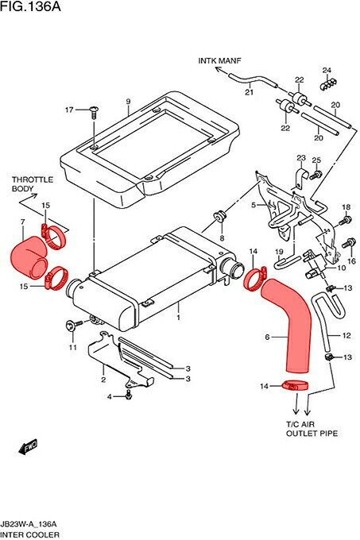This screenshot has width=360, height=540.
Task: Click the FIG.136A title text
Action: click(30, 6)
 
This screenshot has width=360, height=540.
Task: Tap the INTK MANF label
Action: click(219, 60)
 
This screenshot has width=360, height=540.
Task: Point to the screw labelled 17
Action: click(93, 112)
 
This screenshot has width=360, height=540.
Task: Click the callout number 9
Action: click(128, 102)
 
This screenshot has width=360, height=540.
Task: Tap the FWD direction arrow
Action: click(29, 447)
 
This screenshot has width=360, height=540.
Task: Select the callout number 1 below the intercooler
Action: click(178, 317)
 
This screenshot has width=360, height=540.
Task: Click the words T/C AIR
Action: click(300, 424)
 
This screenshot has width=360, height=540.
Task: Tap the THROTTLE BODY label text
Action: click(33, 184)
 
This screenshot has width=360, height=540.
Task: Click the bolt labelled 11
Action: click(74, 325)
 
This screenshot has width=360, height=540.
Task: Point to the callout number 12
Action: click(346, 335)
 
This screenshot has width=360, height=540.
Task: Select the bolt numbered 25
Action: click(316, 174)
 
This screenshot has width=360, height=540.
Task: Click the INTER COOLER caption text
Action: click(30, 534)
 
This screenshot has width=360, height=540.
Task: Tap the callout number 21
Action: click(249, 92)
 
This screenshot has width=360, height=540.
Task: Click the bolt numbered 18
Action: click(346, 220)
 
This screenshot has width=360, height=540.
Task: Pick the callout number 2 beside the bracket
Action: click(103, 380)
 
